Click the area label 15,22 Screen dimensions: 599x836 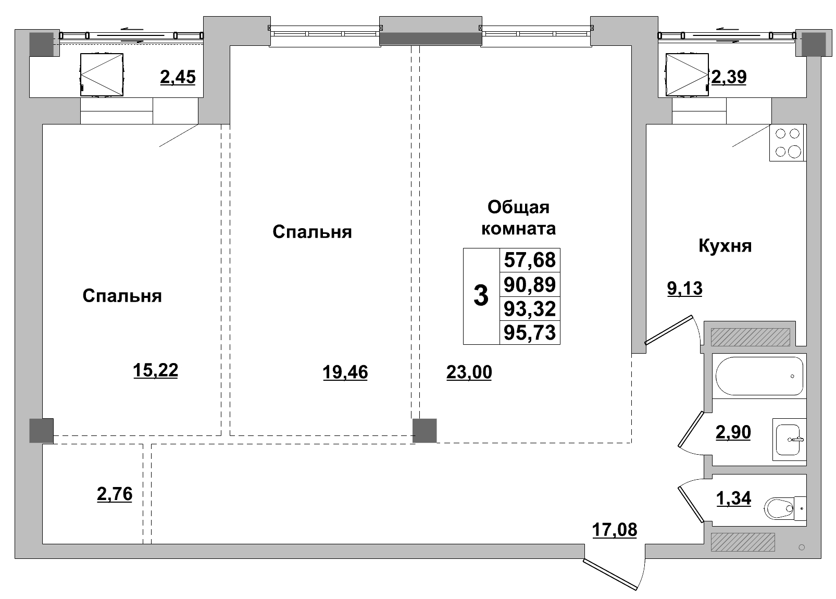coord(155,370)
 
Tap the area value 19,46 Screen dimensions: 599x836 coord(345,372)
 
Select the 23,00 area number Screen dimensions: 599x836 coord(469,372)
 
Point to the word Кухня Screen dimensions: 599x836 coord(725,246)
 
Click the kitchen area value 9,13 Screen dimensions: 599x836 coord(684,288)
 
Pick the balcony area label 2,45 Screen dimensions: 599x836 coord(178,77)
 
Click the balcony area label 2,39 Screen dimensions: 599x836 coord(729,77)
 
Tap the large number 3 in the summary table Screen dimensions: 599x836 coord(481,296)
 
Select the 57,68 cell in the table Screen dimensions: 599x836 coord(530,259)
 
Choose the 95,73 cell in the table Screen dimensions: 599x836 coord(530,332)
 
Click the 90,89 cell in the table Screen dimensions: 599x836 coord(530,284)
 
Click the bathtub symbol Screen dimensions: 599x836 coord(759,376)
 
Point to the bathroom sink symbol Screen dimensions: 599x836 coord(789,439)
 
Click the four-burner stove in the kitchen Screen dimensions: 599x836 coord(788,143)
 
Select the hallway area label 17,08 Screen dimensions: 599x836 coord(614,530)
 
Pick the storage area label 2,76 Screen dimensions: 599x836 coord(115,493)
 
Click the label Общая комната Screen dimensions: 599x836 coord(518,218)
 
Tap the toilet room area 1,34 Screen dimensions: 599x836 coord(733,498)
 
